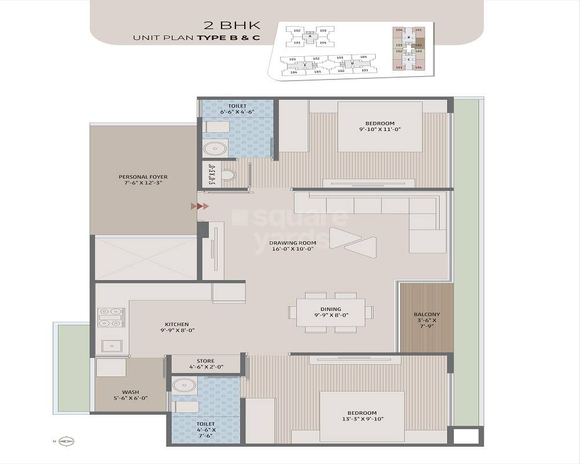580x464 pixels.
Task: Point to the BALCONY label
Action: pos(426,314)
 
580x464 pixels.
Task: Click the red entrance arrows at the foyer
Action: pos(200,206)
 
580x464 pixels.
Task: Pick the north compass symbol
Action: pos(68,441)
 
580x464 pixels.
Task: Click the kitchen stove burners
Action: pos(111,317)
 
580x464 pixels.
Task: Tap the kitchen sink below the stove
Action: pos(112,346)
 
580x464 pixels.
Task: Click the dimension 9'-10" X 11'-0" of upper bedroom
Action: pos(380,129)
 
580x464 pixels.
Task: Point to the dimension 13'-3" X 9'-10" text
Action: pos(362,419)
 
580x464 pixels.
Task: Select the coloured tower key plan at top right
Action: pos(408,49)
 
